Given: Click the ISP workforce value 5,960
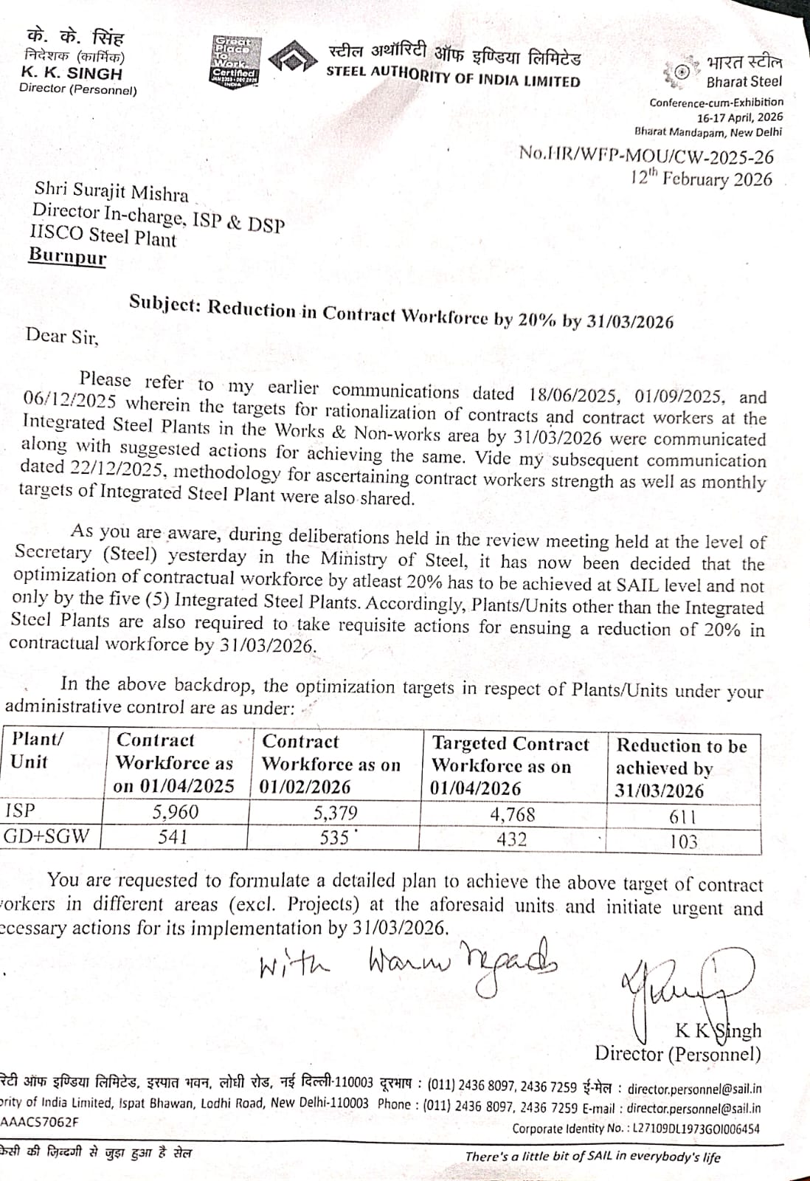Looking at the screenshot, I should (176, 812).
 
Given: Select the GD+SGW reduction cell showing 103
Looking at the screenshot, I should (683, 841).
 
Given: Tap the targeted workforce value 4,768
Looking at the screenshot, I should (512, 815).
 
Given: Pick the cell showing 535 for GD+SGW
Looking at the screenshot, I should (334, 838).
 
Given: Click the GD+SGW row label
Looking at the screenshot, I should (46, 836).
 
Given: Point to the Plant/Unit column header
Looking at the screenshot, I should (38, 750).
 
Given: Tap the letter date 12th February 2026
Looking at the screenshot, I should (702, 178).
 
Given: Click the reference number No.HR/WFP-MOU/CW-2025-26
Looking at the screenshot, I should (646, 154).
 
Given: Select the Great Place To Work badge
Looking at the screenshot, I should (235, 62).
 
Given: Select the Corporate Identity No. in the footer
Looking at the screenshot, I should (636, 1128).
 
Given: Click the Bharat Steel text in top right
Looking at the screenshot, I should (744, 81).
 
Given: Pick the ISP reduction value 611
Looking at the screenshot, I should (682, 817).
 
